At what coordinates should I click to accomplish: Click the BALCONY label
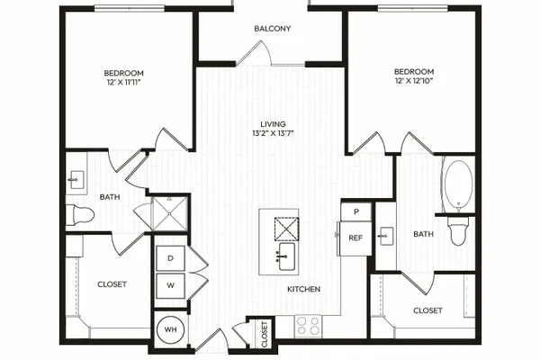tap(273, 29)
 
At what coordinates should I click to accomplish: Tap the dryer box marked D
tap(170, 258)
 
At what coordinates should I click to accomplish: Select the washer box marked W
tap(170, 285)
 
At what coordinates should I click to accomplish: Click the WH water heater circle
tap(170, 329)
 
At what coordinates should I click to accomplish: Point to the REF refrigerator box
tap(355, 238)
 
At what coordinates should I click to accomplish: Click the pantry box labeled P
tap(356, 211)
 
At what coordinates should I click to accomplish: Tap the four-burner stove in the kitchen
tap(308, 326)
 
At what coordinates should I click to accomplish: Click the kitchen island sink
tap(286, 256)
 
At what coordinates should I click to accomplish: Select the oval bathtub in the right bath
tap(458, 184)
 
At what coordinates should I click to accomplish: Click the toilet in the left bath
tap(80, 215)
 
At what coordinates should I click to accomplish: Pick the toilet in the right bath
tap(458, 230)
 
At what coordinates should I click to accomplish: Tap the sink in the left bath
tap(76, 180)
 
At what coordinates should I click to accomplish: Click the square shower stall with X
tap(170, 213)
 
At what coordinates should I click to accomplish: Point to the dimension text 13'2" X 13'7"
tap(273, 133)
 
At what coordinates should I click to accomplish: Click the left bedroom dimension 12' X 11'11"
tap(123, 82)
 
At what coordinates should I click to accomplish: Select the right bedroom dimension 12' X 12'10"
tap(414, 81)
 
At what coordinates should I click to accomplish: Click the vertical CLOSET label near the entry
tap(265, 334)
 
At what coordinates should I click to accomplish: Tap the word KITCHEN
tap(304, 289)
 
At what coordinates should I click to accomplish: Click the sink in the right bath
tap(386, 236)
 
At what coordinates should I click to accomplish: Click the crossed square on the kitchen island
tap(286, 229)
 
